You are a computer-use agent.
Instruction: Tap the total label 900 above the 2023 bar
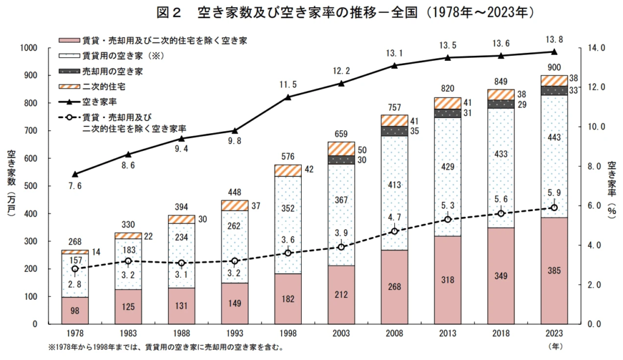554,67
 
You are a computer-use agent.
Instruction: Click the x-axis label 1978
74,334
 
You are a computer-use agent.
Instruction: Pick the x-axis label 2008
394,334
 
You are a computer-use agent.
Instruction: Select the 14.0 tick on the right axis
592,48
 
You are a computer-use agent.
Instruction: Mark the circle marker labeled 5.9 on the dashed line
554,207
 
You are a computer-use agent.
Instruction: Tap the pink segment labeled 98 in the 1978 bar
74,311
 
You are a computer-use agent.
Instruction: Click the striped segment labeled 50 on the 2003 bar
341,148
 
